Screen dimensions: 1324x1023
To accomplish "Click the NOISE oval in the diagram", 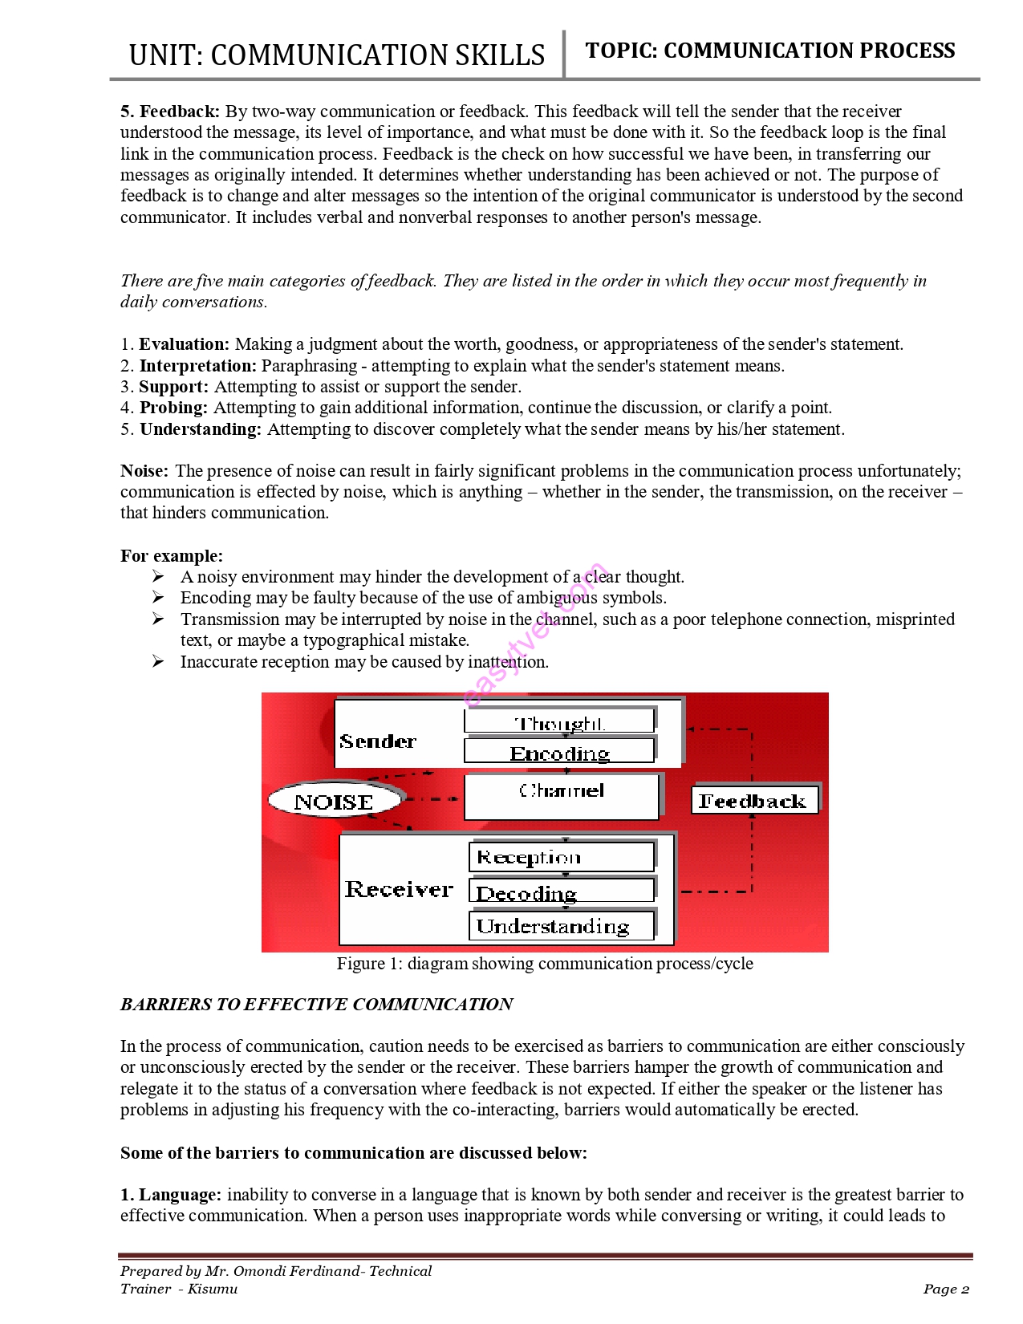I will click(x=334, y=801).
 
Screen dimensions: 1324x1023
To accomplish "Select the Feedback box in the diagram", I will click(x=754, y=801).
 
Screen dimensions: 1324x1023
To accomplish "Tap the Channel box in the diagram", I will click(x=562, y=795).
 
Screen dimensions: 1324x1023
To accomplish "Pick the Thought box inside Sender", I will click(x=559, y=721).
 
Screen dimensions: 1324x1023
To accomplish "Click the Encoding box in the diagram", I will click(x=559, y=753).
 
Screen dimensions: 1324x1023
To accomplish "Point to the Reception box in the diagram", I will click(x=562, y=857).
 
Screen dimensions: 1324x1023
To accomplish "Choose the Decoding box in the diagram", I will click(x=562, y=891).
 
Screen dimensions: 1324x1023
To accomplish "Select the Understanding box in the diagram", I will click(x=562, y=926).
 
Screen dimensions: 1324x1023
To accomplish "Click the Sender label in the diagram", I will click(x=378, y=741).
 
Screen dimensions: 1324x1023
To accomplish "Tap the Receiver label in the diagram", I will click(x=399, y=889).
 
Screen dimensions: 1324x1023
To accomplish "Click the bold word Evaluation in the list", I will click(x=184, y=344).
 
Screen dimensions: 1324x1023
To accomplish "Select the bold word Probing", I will click(x=173, y=408).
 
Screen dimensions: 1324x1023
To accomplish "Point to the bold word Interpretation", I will click(x=198, y=366).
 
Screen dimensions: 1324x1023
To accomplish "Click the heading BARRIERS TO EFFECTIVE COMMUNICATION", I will click(x=316, y=1005).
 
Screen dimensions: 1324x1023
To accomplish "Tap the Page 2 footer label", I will click(x=946, y=1289).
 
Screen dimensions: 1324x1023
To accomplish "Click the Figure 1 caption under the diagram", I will click(x=545, y=964).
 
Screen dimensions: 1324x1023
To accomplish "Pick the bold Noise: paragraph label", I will click(x=144, y=471).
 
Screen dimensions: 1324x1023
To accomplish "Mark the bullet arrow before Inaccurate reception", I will click(x=158, y=661).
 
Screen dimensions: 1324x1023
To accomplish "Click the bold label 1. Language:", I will click(x=171, y=1195).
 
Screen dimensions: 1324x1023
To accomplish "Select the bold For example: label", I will click(x=172, y=556).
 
